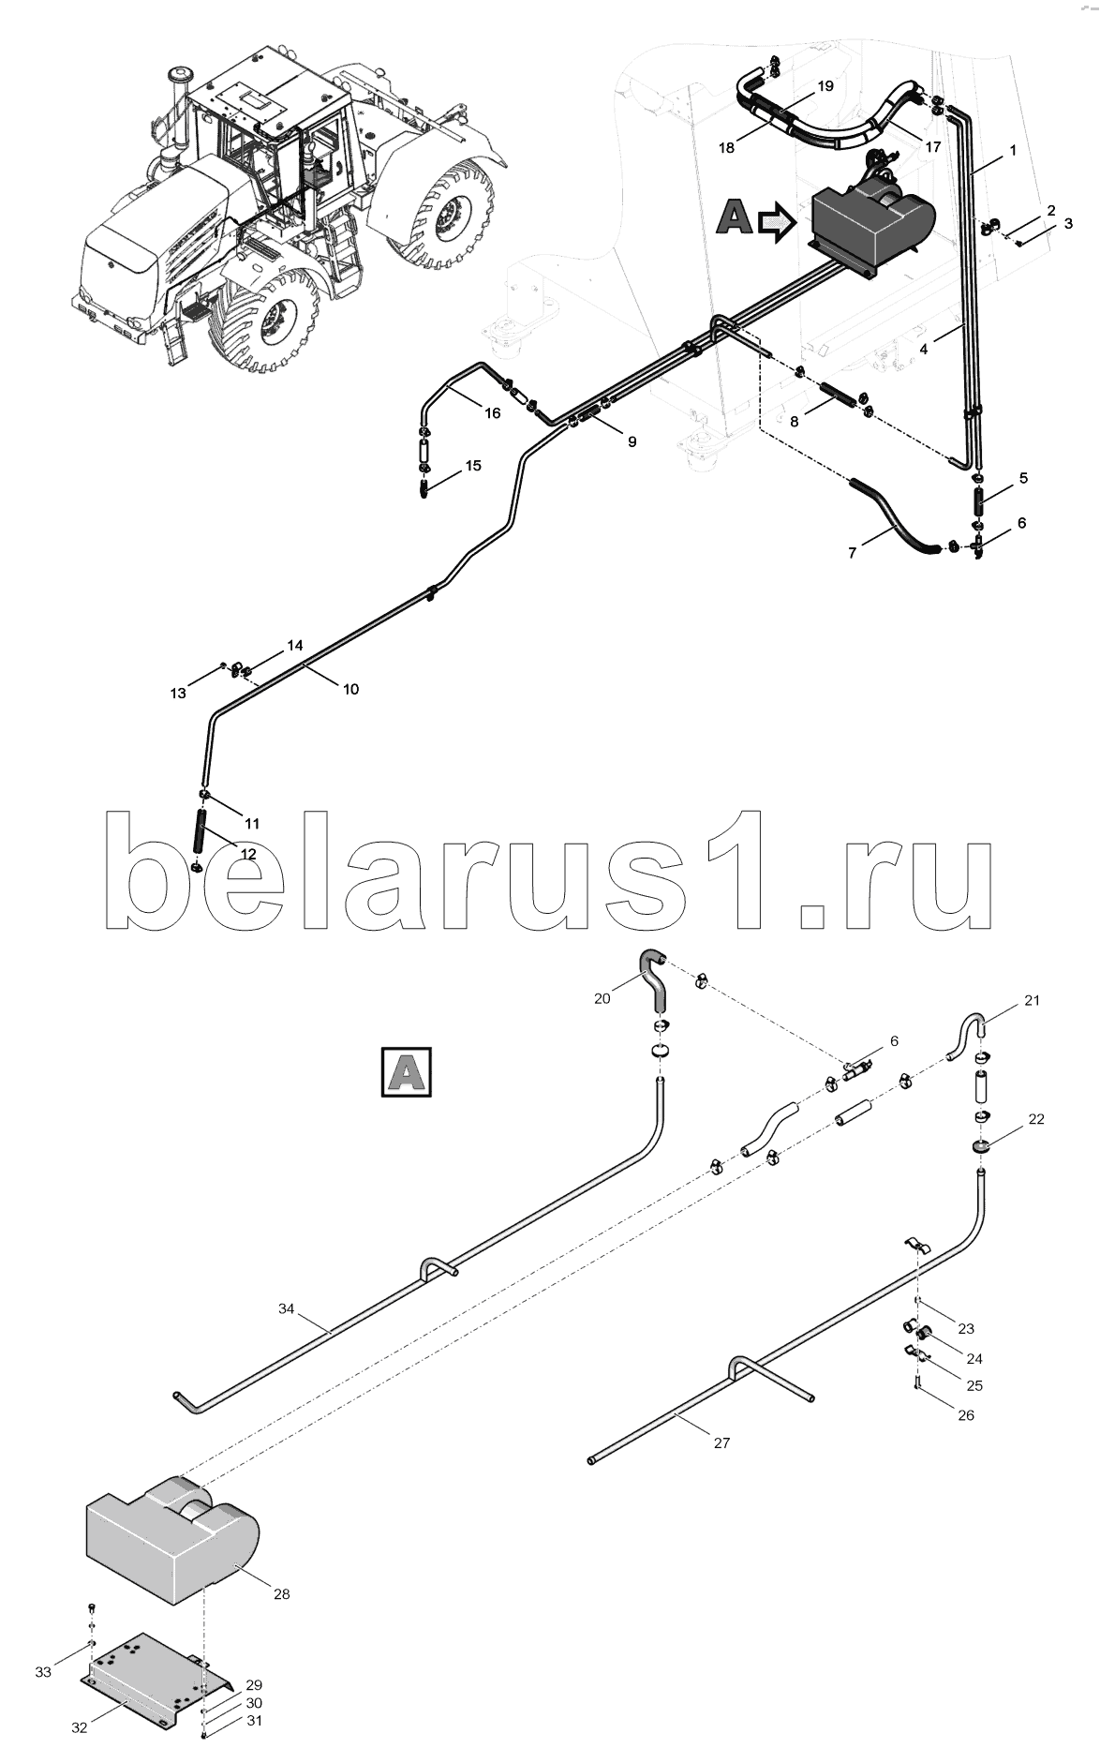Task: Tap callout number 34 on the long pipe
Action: [287, 1307]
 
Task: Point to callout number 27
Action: [721, 1443]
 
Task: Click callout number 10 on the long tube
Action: [349, 689]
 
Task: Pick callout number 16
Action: [493, 412]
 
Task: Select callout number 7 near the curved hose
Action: [852, 553]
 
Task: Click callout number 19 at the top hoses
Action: [825, 86]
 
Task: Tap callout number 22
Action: [1036, 1119]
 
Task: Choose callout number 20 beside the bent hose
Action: [602, 998]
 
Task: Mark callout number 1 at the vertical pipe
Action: [1012, 150]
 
